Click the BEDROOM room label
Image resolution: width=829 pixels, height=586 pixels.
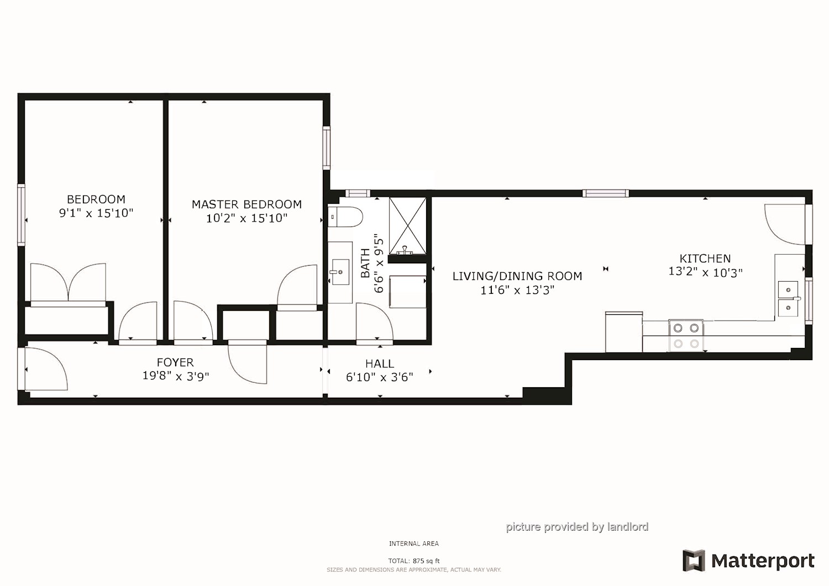click(x=96, y=199)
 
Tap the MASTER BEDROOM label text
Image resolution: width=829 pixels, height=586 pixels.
click(x=246, y=204)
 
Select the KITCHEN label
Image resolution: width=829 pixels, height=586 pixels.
click(x=705, y=258)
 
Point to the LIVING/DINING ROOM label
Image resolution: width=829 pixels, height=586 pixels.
click(x=517, y=276)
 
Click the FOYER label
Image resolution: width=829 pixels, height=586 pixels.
click(x=175, y=362)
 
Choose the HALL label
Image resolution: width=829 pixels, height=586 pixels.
click(x=379, y=363)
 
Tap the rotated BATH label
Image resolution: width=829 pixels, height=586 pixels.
click(x=365, y=263)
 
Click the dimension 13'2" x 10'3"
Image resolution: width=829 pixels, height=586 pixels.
click(x=705, y=272)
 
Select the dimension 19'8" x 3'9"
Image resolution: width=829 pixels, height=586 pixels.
click(x=175, y=377)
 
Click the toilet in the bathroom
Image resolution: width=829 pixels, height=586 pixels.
click(x=345, y=217)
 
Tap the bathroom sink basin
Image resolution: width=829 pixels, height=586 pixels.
click(x=340, y=272)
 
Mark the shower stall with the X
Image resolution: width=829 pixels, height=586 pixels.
click(x=408, y=225)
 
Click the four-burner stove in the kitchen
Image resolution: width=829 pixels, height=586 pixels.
click(x=686, y=335)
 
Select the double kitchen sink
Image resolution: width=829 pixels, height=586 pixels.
click(x=788, y=298)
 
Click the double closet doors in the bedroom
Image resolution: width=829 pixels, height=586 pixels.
click(x=68, y=283)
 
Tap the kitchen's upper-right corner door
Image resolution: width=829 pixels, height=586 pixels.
click(x=785, y=224)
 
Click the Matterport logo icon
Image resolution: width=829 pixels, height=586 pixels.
click(x=694, y=561)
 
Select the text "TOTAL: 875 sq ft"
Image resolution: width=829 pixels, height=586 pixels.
click(x=413, y=561)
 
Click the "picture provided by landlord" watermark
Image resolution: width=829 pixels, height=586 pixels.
click(x=577, y=527)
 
